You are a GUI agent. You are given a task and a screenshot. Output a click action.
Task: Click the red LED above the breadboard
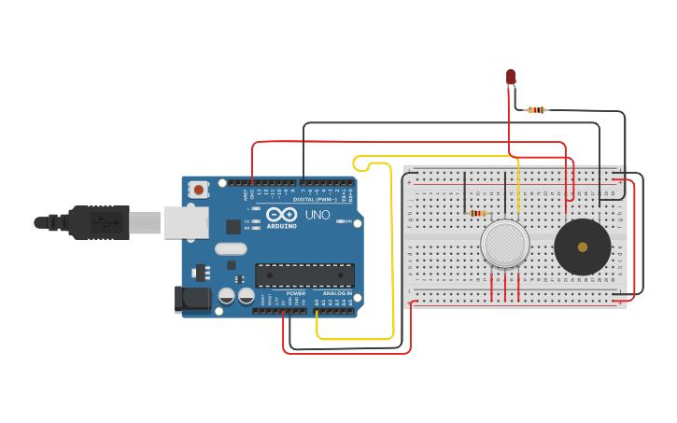pyautogui.click(x=511, y=77)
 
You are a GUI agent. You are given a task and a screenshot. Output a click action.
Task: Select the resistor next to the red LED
pyautogui.click(x=536, y=110)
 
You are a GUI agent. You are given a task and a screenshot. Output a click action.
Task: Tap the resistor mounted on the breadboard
pyautogui.click(x=479, y=213)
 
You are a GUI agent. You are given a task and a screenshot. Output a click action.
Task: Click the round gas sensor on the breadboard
pyautogui.click(x=504, y=244)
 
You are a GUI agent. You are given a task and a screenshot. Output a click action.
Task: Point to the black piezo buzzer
pyautogui.click(x=582, y=247)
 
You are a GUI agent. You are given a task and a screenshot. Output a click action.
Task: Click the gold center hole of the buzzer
pyautogui.click(x=583, y=247)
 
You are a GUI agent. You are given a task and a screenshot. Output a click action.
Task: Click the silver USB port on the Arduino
pyautogui.click(x=186, y=222)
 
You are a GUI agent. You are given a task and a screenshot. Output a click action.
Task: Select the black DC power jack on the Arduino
pyautogui.click(x=192, y=299)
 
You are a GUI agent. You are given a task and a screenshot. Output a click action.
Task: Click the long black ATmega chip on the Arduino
pyautogui.click(x=304, y=275)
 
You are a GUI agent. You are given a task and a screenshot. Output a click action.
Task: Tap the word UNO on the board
pyautogui.click(x=317, y=214)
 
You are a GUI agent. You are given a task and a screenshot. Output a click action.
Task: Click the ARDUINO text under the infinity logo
pyautogui.click(x=281, y=226)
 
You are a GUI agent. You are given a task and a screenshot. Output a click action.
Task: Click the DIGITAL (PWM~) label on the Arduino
pyautogui.click(x=316, y=199)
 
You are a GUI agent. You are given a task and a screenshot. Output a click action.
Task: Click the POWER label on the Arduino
pyautogui.click(x=296, y=293)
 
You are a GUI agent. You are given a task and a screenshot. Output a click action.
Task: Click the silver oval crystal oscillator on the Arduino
pyautogui.click(x=230, y=249)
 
